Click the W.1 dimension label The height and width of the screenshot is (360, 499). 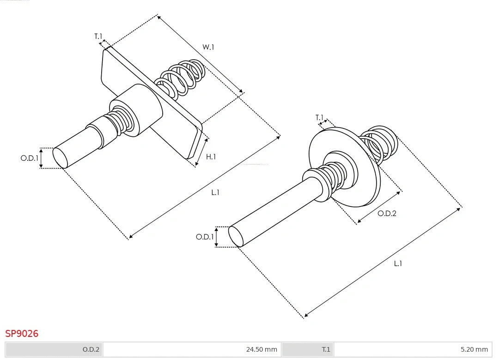[x=208, y=47]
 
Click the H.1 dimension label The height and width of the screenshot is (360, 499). [x=211, y=157]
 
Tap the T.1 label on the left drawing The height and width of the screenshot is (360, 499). [x=98, y=36]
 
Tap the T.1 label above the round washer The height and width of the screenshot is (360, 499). [x=320, y=118]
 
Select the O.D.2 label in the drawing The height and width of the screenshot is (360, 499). [x=387, y=214]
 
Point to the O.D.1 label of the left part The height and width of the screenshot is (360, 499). [x=29, y=158]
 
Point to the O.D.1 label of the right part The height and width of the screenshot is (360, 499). [x=205, y=237]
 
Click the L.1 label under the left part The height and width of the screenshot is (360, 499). [x=215, y=193]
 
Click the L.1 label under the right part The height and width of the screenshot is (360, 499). [x=398, y=263]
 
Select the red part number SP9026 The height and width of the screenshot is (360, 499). [x=22, y=333]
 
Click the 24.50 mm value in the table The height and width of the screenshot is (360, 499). [x=262, y=349]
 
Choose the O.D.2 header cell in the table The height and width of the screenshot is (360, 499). [x=91, y=349]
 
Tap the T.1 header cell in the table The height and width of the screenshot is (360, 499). [x=326, y=349]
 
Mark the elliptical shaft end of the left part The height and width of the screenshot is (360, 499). [x=60, y=158]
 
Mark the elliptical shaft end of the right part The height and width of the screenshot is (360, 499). [x=236, y=236]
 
